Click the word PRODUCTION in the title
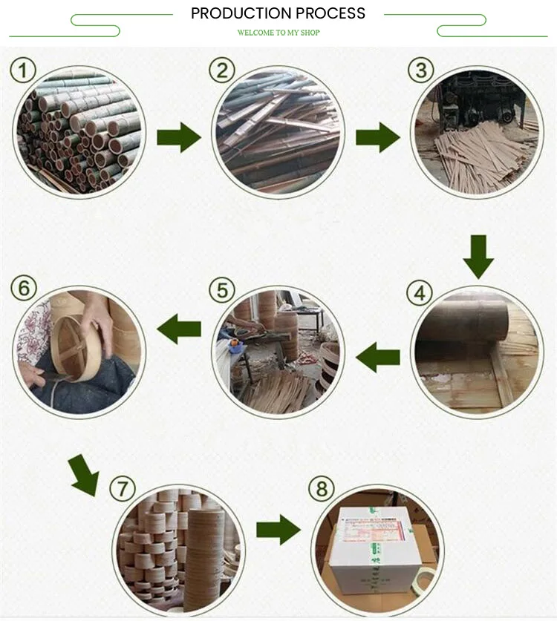click(x=241, y=13)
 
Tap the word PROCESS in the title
click(x=330, y=13)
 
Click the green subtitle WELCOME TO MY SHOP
click(x=278, y=33)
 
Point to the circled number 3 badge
click(x=421, y=70)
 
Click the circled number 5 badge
click(x=222, y=290)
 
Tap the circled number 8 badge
click(x=322, y=488)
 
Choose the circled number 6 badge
click(x=24, y=288)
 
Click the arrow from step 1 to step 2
click(x=179, y=137)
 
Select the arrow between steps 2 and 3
click(x=378, y=137)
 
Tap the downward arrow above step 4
click(x=478, y=257)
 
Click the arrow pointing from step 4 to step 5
click(x=378, y=357)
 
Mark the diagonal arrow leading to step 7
click(x=85, y=475)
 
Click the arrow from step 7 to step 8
click(x=278, y=530)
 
